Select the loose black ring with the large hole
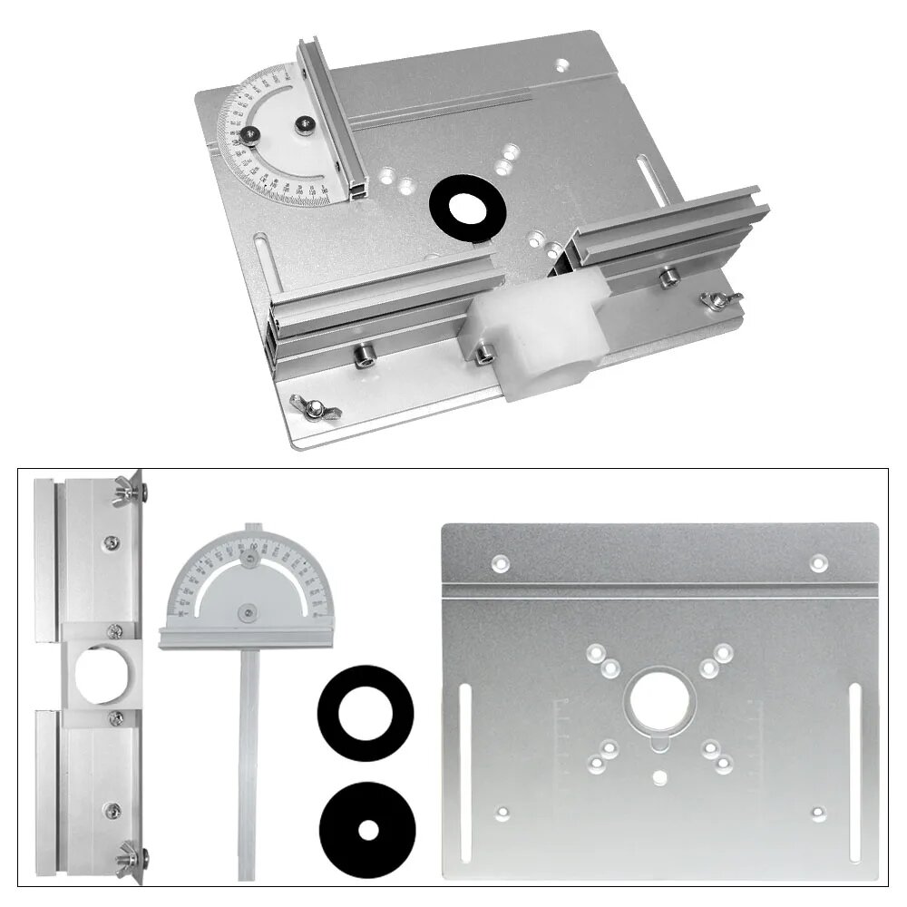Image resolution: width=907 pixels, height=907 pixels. point(366,712)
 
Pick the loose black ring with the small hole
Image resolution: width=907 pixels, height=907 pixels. point(366,827)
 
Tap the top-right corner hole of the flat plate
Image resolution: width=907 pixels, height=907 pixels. point(818,564)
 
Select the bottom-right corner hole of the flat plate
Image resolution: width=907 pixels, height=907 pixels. point(818,813)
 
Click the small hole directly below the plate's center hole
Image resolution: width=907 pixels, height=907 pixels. point(659,776)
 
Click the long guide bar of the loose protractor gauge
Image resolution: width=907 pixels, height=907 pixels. point(246,762)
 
